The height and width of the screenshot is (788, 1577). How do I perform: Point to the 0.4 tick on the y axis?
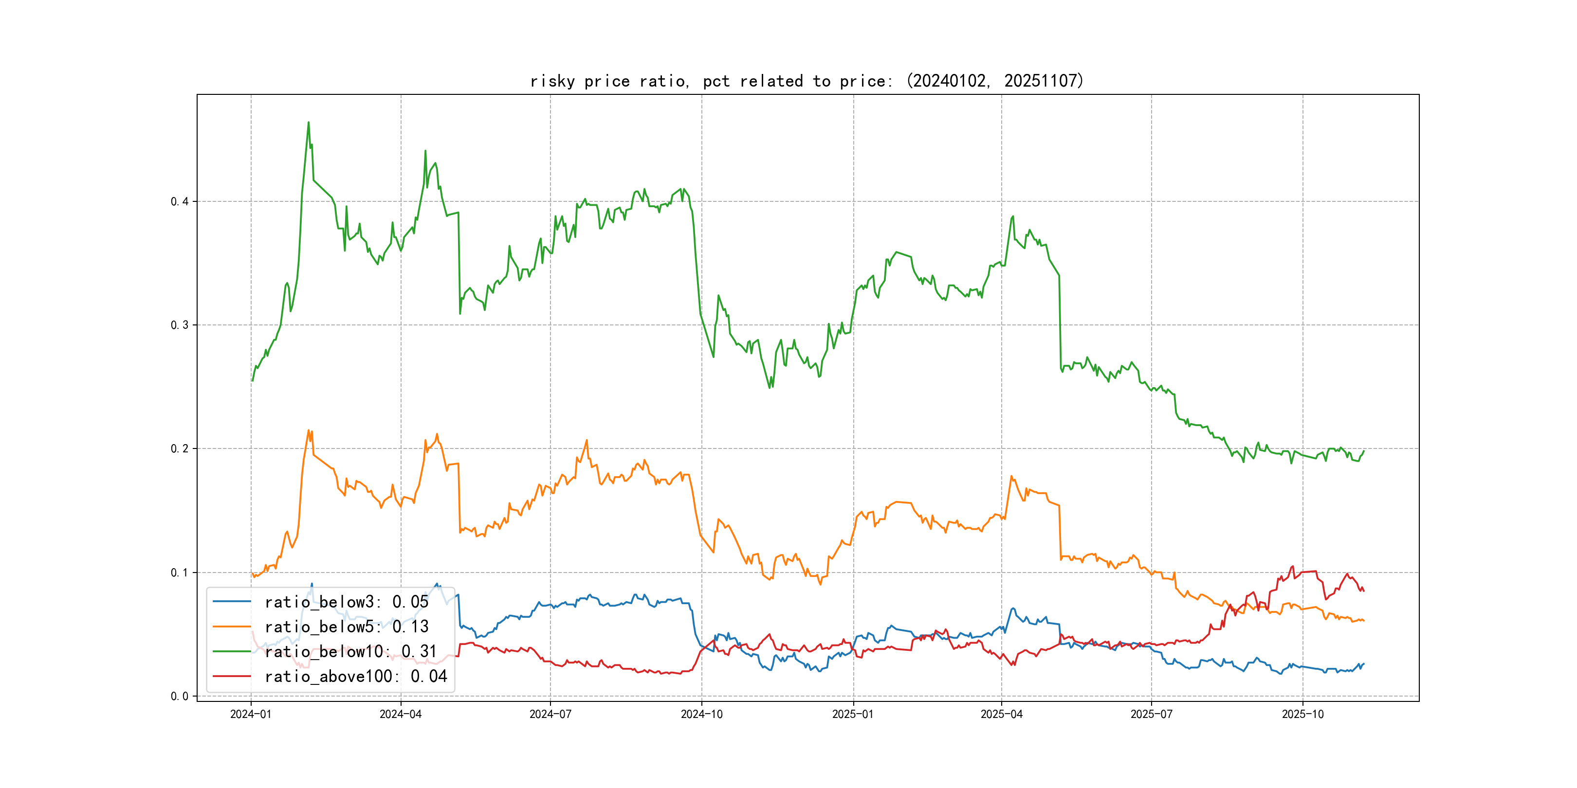point(180,202)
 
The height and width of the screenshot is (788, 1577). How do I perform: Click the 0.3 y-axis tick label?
point(180,325)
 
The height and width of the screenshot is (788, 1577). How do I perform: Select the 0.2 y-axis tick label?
point(180,449)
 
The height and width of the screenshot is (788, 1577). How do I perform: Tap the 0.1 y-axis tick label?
point(180,573)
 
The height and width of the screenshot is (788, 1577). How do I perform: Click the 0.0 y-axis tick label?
point(180,696)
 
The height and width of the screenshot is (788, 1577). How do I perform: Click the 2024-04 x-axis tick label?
point(401,715)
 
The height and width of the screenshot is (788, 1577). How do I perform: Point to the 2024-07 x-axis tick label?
point(550,715)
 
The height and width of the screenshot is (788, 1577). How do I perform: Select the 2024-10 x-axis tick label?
point(701,715)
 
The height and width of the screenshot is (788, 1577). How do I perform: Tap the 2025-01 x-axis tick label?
point(853,715)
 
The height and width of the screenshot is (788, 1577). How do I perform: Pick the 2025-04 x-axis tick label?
point(1002,715)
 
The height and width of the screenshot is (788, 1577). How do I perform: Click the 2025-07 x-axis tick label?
point(1152,715)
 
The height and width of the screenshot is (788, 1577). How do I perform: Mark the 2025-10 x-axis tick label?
point(1303,715)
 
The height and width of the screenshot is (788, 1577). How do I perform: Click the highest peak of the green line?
point(308,123)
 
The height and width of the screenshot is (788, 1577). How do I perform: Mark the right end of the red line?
point(1364,591)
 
